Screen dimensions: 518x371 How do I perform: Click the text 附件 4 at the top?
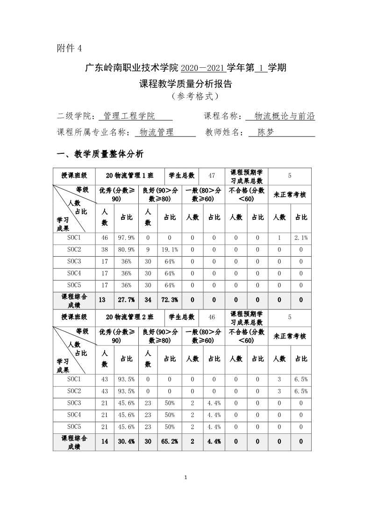(x=69, y=48)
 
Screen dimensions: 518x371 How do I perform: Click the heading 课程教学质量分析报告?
(x=185, y=85)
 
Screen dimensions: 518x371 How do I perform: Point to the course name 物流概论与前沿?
(x=285, y=116)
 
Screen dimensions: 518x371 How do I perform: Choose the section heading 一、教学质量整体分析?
(x=100, y=154)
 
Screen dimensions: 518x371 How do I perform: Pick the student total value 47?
(x=212, y=175)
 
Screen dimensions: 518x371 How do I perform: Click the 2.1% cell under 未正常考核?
(x=301, y=238)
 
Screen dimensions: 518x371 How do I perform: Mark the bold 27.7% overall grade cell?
(x=126, y=300)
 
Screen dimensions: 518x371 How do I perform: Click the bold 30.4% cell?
(x=126, y=441)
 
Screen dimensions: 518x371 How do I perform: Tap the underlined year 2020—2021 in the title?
(x=203, y=68)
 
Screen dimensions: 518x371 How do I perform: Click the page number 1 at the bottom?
(x=186, y=477)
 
